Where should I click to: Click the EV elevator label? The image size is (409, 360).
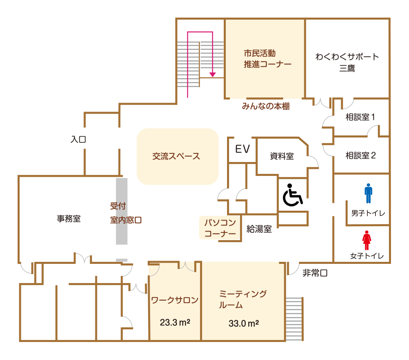coord(243,149)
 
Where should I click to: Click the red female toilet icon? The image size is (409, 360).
coord(367,240)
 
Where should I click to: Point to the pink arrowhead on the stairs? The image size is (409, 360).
coord(212,74)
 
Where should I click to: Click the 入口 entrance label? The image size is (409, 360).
coord(78,139)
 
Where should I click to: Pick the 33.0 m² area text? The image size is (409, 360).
coord(244,324)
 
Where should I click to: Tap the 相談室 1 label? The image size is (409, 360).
coord(360,117)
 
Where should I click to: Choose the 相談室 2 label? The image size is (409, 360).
coord(360,155)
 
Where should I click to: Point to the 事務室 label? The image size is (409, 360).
coord(69,219)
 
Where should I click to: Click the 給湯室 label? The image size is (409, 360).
coord(259,229)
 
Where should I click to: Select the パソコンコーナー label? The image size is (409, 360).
coord(220,228)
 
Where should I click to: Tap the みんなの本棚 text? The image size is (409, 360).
coord(265,106)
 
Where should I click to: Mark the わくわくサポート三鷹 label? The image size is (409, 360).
coord(347,62)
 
